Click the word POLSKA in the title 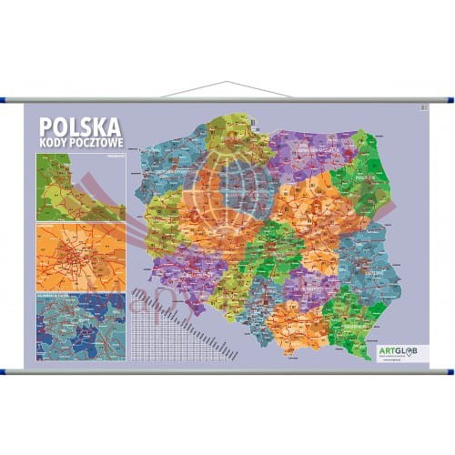click(x=79, y=126)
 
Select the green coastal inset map click(x=79, y=187)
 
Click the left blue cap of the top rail click(x=9, y=100)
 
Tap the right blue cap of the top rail click(x=447, y=100)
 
